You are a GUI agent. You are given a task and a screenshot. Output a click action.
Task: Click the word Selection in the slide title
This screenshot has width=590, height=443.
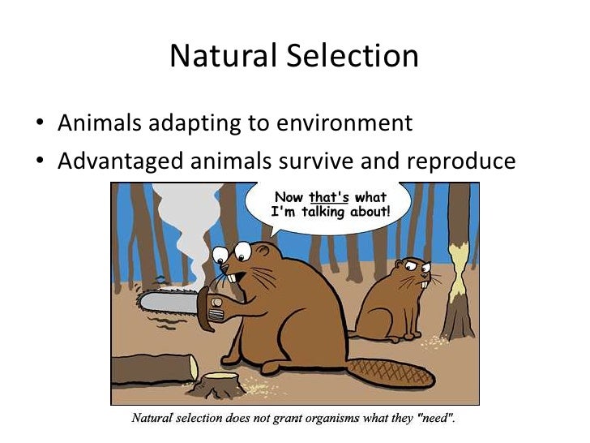pyautogui.click(x=351, y=56)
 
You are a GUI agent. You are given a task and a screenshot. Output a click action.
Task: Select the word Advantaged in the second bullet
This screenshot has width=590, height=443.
pyautogui.click(x=121, y=161)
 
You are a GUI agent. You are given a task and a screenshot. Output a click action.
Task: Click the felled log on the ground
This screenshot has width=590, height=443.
pyautogui.click(x=154, y=369)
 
